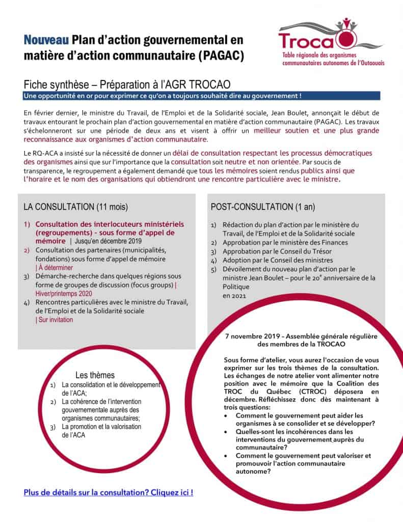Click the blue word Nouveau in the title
tap(46, 39)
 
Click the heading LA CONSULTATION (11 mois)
tap(75, 207)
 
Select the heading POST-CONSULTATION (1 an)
tap(262, 207)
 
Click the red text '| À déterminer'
tap(55, 267)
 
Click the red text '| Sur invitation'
tap(55, 320)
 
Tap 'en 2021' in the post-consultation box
tap(234, 295)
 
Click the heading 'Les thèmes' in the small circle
tap(95, 375)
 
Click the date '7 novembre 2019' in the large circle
tap(252, 336)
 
